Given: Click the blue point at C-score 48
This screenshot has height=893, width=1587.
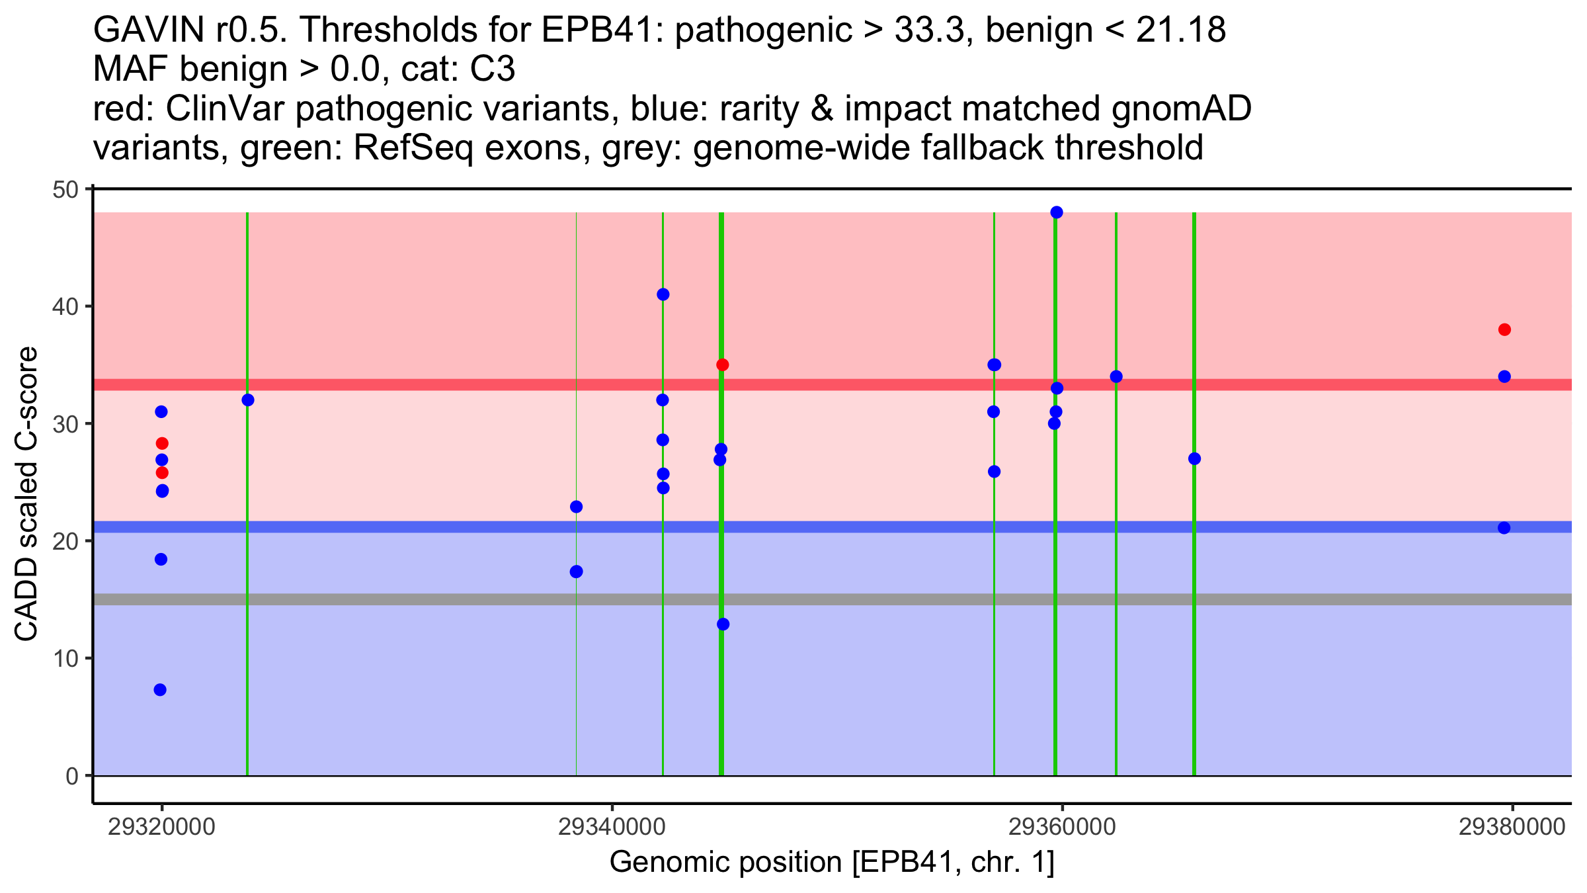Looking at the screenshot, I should (x=1057, y=212).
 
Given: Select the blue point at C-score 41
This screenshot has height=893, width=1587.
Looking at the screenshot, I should (x=663, y=294).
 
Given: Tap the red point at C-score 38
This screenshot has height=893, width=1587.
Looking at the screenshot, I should (x=1505, y=329).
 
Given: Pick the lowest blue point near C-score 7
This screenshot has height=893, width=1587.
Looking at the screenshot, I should (x=160, y=690).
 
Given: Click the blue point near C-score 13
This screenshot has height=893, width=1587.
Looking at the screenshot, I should (x=723, y=624).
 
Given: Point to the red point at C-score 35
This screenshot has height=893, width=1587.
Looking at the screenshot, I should (x=723, y=365).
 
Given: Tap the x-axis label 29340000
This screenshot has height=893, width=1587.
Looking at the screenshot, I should (x=612, y=828).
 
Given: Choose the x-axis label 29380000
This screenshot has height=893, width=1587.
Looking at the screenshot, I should (x=1512, y=828).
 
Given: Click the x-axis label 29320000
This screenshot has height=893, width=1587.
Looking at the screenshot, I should (x=161, y=828).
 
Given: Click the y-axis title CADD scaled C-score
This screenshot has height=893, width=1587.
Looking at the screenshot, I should (x=26, y=495).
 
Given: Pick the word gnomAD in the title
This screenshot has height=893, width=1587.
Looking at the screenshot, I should (x=1181, y=109).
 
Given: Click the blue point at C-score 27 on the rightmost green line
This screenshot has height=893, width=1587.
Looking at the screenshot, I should (x=1194, y=459).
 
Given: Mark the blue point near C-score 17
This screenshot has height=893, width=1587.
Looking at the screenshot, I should (x=577, y=572).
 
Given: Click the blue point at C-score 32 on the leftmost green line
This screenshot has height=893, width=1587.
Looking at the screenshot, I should (x=248, y=400).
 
